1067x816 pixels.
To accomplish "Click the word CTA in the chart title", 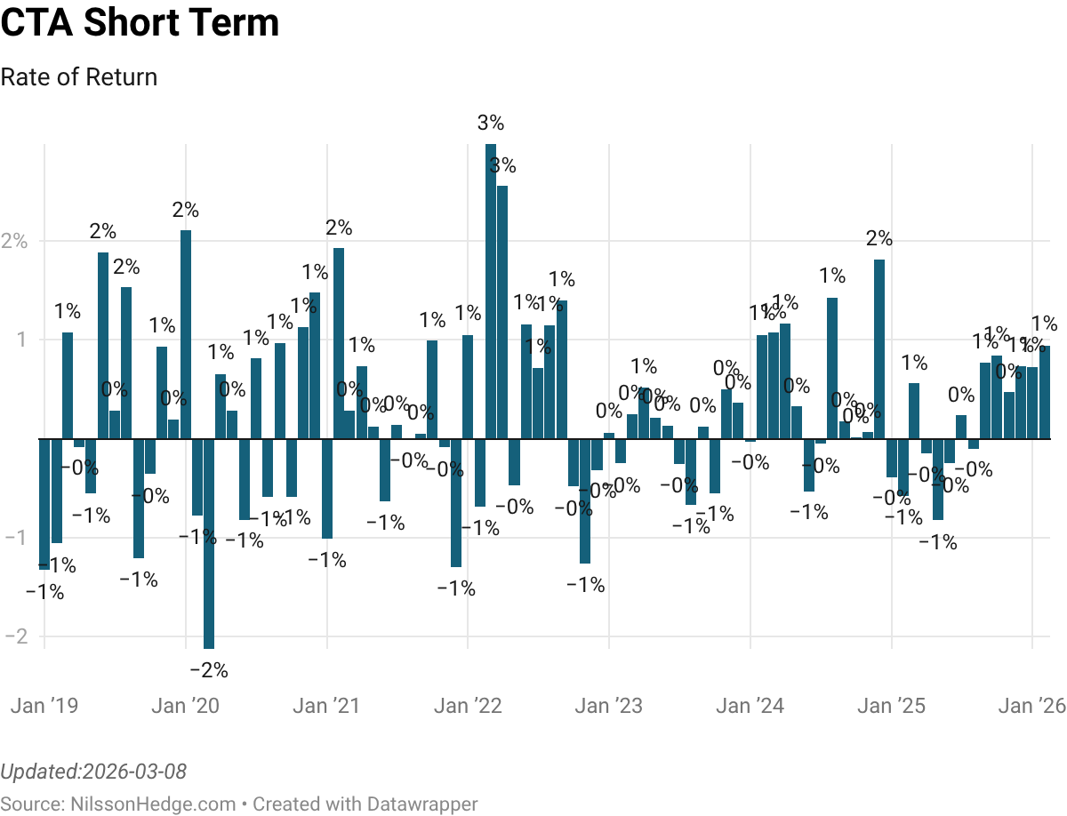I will [36, 24].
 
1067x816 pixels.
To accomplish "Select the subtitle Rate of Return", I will [79, 77].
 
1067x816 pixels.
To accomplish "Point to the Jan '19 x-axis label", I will [44, 706].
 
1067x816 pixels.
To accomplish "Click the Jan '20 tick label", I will [185, 706].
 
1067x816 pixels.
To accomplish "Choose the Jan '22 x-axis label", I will [468, 706].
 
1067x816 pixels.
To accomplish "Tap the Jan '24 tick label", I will [750, 706].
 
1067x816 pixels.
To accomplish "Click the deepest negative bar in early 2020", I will [209, 543].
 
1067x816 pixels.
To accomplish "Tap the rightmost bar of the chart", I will [1045, 392].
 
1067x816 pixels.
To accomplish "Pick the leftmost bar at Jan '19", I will [44, 503].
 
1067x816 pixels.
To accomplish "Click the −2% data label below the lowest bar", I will [210, 670].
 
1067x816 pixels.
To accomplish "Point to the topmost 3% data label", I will [490, 124].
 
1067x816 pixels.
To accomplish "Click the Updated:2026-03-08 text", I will [93, 771].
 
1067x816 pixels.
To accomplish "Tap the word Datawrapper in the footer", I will [421, 804].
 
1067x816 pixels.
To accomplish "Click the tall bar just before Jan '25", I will [879, 348].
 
